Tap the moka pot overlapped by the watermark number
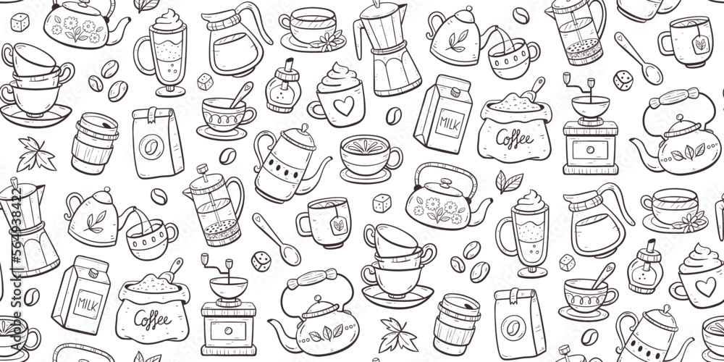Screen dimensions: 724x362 [x=27, y=227]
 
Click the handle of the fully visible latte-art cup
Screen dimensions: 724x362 [x=395, y=157]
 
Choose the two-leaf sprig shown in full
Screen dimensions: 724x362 [x=509, y=182]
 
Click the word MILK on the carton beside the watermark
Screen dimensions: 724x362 [x=88, y=304]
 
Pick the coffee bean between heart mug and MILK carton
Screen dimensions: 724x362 [x=394, y=116]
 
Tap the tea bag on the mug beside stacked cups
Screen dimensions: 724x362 [x=339, y=225]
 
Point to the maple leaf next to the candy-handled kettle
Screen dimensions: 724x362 [x=397, y=334]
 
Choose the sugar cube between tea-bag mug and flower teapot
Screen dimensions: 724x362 [x=382, y=203]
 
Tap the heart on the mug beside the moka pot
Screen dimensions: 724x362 [x=344, y=106]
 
